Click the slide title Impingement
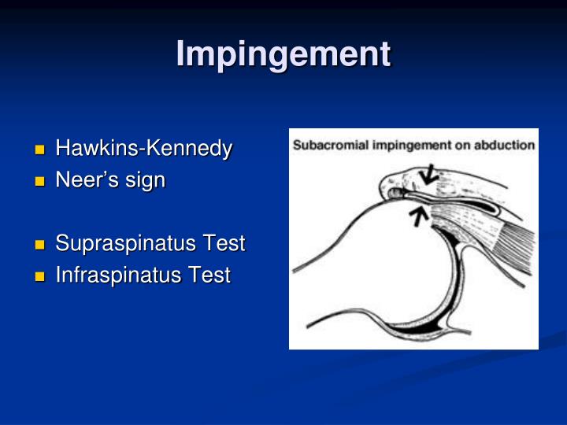coord(283,54)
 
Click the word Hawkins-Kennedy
coord(143,149)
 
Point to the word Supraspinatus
coord(117,244)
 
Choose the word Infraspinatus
coord(109,275)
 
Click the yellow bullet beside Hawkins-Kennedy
coord(40,150)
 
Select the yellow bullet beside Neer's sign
coord(40,181)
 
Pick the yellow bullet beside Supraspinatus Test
coord(40,245)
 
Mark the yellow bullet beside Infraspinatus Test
coord(40,276)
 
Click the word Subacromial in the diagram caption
coord(324,145)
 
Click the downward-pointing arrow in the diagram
coord(429,174)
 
